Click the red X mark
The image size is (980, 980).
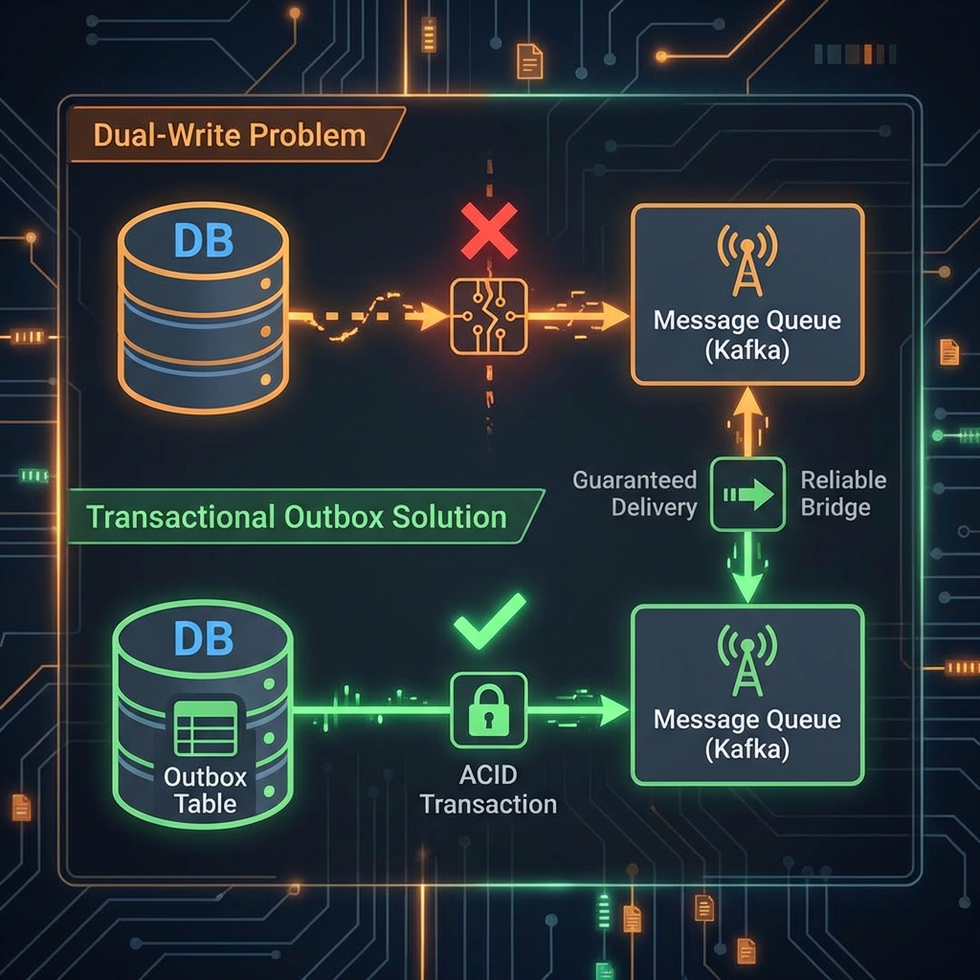[489, 231]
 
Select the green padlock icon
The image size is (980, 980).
[488, 709]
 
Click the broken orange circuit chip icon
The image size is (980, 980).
[488, 316]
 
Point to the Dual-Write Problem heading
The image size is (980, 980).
[230, 134]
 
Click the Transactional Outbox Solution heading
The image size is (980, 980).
[296, 517]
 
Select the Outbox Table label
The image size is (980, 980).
[205, 789]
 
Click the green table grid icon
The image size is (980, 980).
[205, 728]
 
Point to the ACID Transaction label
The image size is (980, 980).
[488, 790]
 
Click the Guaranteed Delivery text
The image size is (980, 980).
[635, 493]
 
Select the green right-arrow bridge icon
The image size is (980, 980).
[747, 494]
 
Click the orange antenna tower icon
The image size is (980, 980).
[746, 260]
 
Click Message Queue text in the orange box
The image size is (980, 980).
[746, 319]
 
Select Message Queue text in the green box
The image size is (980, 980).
[746, 719]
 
